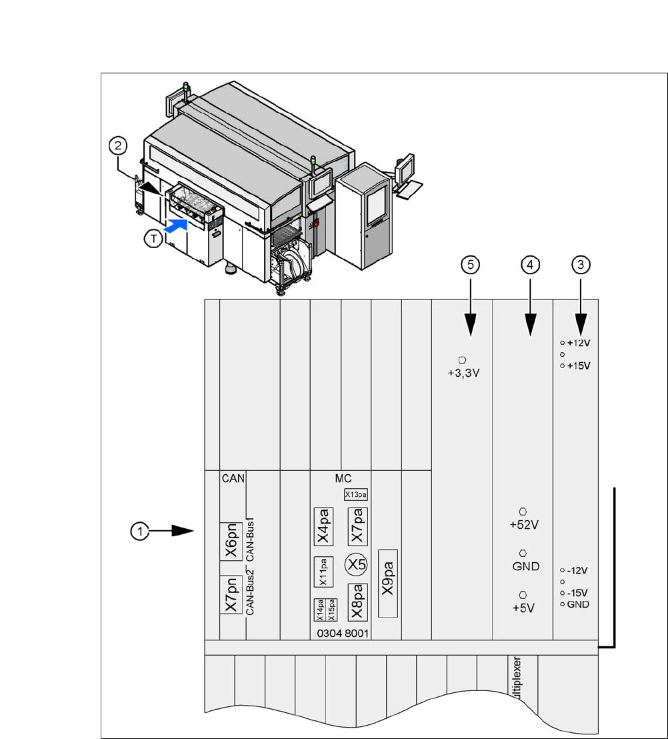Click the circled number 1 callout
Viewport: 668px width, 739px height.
139,531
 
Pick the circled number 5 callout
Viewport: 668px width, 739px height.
471,265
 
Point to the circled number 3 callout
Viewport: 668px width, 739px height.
581,265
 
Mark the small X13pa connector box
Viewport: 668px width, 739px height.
356,494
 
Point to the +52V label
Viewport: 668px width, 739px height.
523,524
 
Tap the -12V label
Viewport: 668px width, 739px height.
577,571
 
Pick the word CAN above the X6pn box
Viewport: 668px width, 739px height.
233,478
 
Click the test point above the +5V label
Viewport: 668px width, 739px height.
523,594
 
